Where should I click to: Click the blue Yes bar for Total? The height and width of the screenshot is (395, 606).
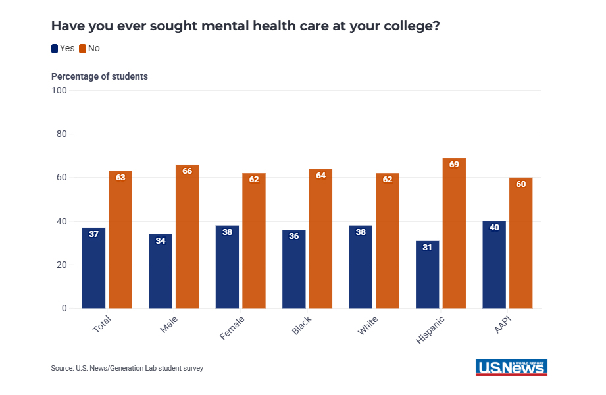[93, 268]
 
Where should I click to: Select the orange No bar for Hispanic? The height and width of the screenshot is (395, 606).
[454, 233]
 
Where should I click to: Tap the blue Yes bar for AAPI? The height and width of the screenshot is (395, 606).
[494, 265]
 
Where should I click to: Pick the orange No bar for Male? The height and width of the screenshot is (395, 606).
[187, 236]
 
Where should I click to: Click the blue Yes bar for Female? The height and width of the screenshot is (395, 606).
[227, 267]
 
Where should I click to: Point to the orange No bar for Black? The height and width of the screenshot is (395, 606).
[320, 238]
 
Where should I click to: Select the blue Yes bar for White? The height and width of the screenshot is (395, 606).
[361, 267]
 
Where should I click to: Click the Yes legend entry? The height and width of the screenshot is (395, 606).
[63, 48]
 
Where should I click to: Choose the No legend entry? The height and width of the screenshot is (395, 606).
[89, 48]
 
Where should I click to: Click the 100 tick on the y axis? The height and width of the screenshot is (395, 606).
[59, 90]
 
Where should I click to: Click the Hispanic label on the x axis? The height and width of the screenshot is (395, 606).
[430, 329]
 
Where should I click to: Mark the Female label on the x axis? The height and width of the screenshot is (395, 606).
[232, 328]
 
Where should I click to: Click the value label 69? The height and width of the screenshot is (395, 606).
[454, 165]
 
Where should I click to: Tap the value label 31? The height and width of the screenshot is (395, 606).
[427, 248]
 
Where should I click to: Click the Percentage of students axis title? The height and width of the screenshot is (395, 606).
[99, 76]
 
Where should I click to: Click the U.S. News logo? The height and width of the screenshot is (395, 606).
[511, 367]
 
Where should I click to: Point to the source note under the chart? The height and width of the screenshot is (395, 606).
[127, 368]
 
